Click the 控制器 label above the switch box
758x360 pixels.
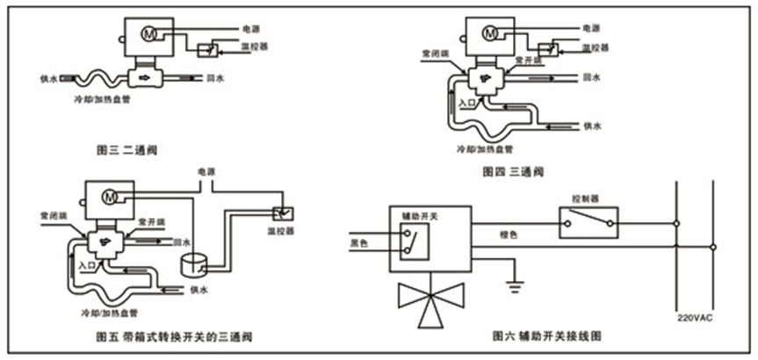click(584, 199)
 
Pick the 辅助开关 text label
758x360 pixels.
click(415, 214)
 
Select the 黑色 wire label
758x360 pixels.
click(358, 243)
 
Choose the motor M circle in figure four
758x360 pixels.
click(490, 32)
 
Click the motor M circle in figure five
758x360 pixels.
click(110, 194)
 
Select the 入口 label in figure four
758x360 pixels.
click(466, 104)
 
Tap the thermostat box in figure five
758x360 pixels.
click(285, 214)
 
